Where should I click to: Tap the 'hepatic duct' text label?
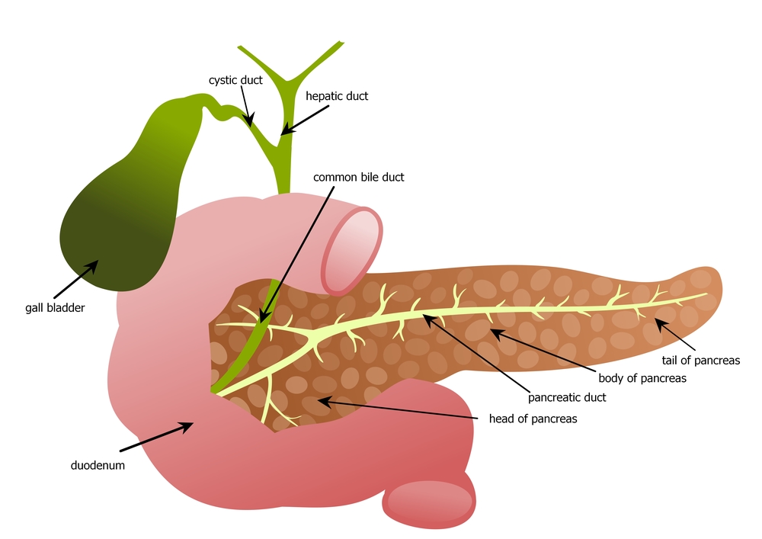[336, 96]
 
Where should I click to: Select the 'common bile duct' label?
[358, 177]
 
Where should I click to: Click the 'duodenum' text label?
[94, 464]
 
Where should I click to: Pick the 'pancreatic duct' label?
[567, 397]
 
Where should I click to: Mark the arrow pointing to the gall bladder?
[76, 279]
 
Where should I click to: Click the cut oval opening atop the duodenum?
[354, 247]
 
